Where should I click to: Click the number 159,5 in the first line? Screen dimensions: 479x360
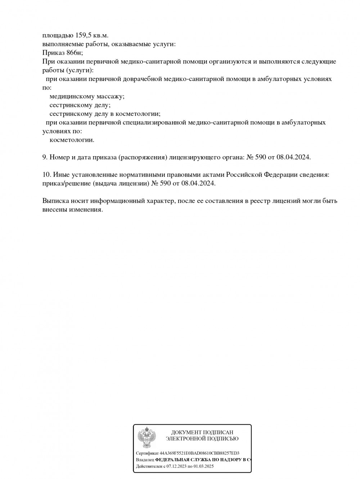pos(83,35)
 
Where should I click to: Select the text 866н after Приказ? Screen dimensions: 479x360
pos(75,53)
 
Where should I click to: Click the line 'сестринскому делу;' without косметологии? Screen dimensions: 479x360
pos(80,105)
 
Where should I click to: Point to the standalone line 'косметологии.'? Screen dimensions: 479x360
pos(72,140)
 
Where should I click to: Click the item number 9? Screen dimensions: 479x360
pos(45,157)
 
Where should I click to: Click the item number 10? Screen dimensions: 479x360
pos(46,175)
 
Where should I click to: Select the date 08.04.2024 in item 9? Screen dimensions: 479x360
pos(293,157)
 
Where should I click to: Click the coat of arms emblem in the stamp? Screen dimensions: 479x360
pos(147,437)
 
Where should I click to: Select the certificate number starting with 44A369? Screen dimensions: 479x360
pos(199,453)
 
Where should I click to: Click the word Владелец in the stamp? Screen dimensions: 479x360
pos(145,460)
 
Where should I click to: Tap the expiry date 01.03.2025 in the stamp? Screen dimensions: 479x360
pos(204,466)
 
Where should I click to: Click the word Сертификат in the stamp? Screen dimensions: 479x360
pos(147,453)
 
